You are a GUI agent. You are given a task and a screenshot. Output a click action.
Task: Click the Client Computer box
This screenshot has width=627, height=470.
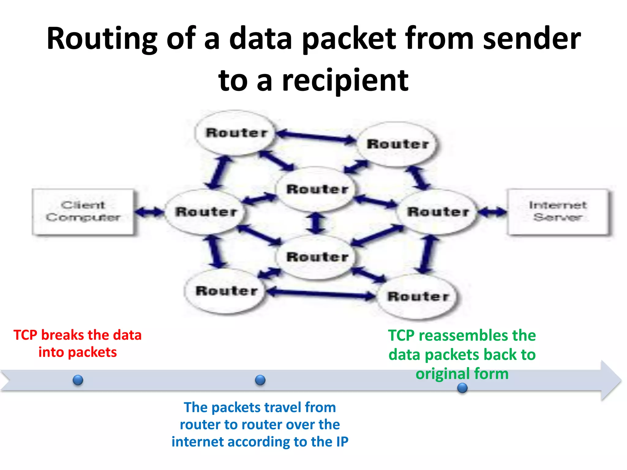[x=83, y=212]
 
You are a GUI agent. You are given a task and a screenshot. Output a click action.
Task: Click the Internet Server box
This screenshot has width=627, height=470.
[x=558, y=212]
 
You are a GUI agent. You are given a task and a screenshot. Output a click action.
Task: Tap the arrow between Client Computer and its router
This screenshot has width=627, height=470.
[x=149, y=212]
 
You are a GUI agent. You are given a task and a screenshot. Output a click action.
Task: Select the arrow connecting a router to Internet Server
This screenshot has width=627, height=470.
[x=492, y=212]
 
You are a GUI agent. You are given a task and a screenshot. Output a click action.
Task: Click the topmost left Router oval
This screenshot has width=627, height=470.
[x=235, y=133]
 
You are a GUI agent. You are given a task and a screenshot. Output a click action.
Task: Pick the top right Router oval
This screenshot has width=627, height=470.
[x=397, y=144]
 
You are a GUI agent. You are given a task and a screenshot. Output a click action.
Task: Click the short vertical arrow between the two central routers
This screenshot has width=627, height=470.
[x=317, y=223]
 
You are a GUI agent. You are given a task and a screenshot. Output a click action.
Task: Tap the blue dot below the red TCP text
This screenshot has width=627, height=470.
[x=78, y=380]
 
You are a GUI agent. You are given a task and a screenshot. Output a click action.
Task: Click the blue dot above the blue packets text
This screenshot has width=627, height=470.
[x=260, y=380]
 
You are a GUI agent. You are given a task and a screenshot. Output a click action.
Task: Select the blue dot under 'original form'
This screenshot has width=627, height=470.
[x=462, y=388]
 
